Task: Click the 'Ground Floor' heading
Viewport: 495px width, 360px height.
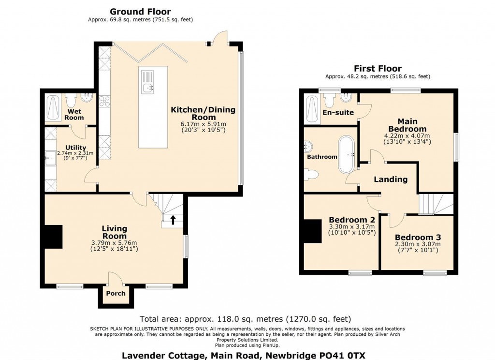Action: (x=140, y=12)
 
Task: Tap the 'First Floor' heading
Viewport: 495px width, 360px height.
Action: (x=378, y=69)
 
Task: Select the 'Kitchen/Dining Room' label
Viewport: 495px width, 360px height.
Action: (x=203, y=114)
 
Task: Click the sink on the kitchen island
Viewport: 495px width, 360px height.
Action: (x=148, y=88)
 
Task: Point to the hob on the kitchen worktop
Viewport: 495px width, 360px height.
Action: (x=104, y=102)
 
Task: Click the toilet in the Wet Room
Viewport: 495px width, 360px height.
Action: (x=71, y=100)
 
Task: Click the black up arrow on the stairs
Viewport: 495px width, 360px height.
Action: (x=173, y=220)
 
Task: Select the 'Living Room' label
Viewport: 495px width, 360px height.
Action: (x=115, y=232)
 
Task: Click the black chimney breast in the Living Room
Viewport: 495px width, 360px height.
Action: (x=53, y=237)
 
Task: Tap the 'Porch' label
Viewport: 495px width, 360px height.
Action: (x=116, y=293)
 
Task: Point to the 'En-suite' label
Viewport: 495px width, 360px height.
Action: (x=338, y=113)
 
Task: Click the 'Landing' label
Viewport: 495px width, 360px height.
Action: (x=391, y=180)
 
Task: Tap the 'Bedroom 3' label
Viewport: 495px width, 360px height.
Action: (x=418, y=238)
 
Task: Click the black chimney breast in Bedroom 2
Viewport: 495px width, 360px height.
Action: (x=312, y=231)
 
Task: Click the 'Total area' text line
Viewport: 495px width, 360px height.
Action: (x=245, y=319)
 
